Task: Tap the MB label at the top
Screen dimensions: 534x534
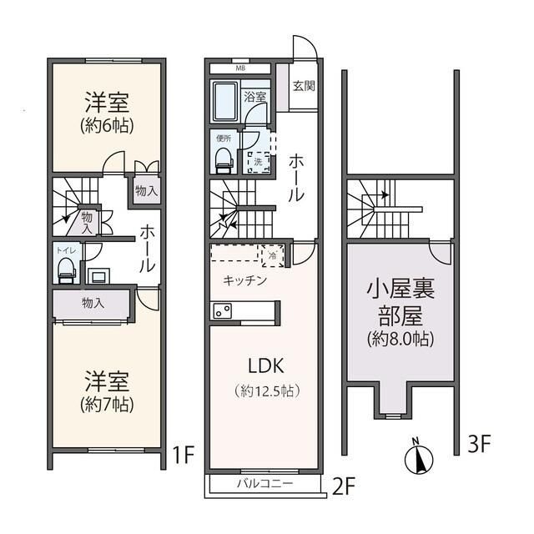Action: tap(240, 68)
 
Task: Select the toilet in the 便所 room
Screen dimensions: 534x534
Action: tap(223, 158)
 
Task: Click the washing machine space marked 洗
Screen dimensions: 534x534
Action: tap(258, 156)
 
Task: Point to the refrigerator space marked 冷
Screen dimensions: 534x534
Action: tap(272, 255)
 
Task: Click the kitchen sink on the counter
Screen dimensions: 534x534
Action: tap(223, 310)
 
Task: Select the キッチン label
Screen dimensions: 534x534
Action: tap(244, 280)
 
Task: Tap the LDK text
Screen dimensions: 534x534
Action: tap(265, 365)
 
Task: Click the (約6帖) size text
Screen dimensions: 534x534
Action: tap(106, 126)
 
